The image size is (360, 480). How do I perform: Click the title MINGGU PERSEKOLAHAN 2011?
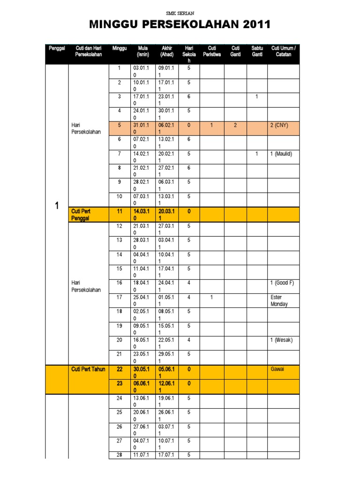click(180, 25)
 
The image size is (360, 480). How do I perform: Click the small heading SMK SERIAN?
click(180, 14)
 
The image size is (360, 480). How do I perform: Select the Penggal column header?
click(56, 48)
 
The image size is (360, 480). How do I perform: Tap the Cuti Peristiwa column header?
click(212, 51)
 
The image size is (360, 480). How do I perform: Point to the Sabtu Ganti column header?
click(257, 51)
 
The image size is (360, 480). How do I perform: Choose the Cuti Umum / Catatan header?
click(284, 51)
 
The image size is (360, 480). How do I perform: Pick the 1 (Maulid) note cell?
click(284, 154)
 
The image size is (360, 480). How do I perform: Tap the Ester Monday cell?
click(280, 300)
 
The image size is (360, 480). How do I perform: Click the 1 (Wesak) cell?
click(284, 340)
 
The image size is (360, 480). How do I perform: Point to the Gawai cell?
click(277, 369)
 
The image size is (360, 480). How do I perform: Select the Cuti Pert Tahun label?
click(88, 369)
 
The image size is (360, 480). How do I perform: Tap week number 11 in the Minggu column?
click(120, 211)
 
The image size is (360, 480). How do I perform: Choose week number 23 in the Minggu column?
click(120, 383)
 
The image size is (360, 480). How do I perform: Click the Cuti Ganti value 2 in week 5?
click(235, 126)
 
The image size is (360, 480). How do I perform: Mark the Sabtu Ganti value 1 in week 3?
click(257, 97)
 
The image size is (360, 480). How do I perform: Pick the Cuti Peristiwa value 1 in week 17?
click(212, 297)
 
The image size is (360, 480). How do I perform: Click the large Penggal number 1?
click(57, 206)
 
